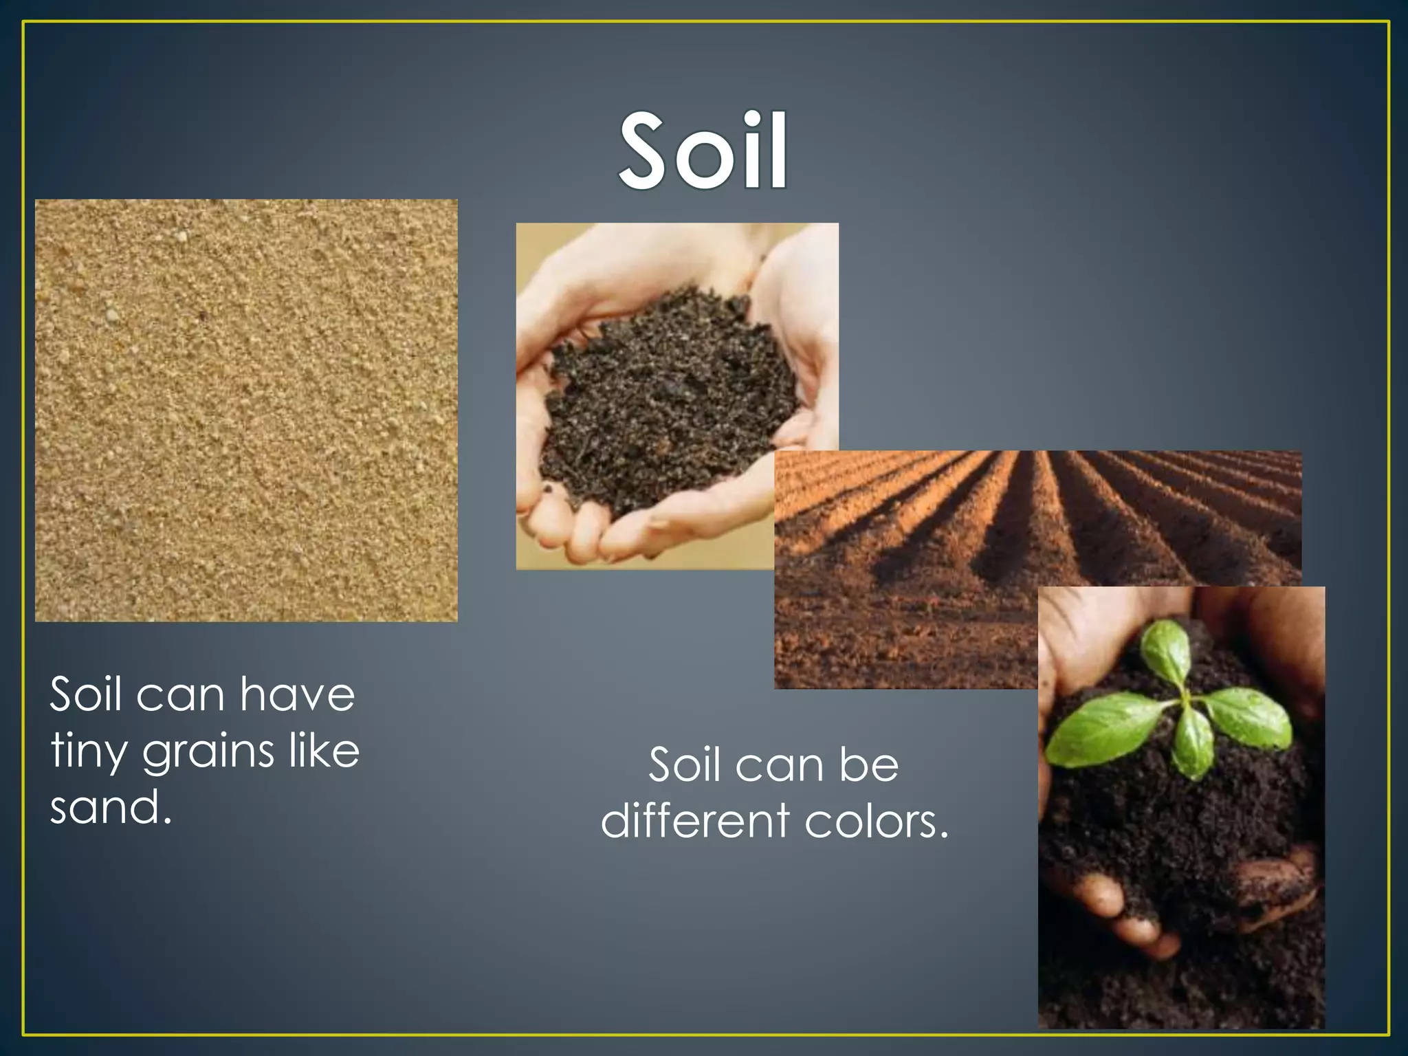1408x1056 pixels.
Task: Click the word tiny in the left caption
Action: [89, 752]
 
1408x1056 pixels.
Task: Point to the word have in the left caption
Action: [297, 694]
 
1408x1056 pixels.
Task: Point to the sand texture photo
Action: [246, 410]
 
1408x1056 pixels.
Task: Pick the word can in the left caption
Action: [180, 694]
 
